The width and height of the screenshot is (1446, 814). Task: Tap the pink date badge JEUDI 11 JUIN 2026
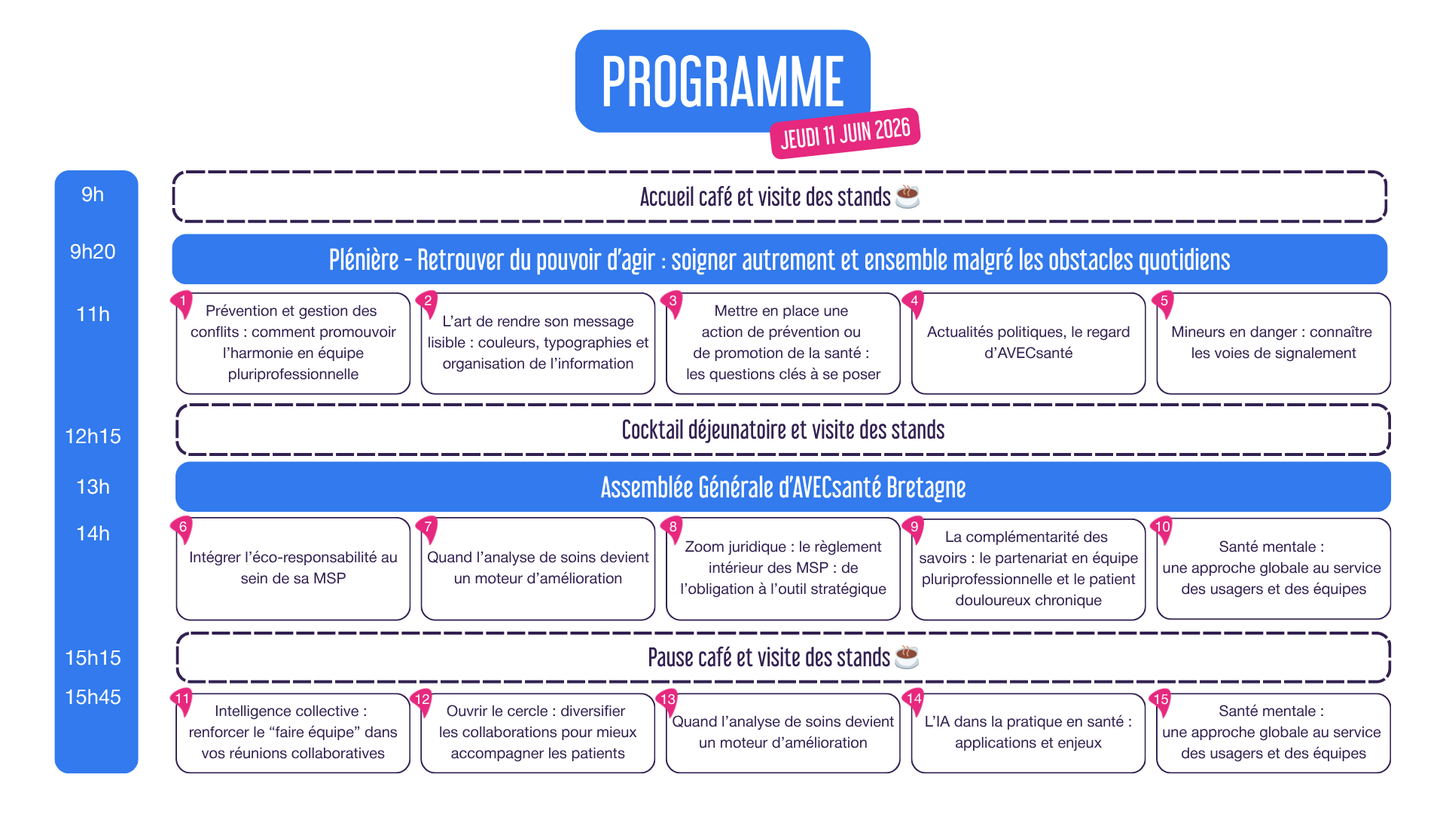(x=845, y=133)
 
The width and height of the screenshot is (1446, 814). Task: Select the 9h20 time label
(x=93, y=252)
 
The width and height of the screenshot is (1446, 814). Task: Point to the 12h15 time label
(x=93, y=436)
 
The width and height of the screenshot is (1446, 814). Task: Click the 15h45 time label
(x=93, y=697)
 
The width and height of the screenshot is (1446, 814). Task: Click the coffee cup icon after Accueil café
(x=908, y=196)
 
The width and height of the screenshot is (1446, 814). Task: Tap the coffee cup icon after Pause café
(x=907, y=657)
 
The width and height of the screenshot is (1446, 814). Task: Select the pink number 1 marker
(x=182, y=304)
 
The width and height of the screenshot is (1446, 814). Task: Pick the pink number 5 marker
(x=1164, y=304)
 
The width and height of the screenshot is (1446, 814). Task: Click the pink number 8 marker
(x=673, y=529)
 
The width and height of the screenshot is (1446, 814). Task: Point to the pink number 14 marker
(x=914, y=701)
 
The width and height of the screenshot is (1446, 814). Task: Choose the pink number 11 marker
(x=182, y=701)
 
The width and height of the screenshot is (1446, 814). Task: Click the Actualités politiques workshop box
(x=1028, y=344)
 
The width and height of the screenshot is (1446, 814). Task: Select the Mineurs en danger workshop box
(x=1274, y=344)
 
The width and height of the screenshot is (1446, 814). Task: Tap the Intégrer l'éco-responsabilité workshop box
(x=293, y=569)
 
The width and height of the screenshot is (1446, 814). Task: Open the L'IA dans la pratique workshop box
(x=1028, y=733)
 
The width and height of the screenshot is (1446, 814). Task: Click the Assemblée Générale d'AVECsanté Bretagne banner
(x=783, y=487)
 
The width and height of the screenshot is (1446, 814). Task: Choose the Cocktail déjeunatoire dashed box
(x=783, y=430)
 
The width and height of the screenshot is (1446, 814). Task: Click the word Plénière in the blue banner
(x=364, y=260)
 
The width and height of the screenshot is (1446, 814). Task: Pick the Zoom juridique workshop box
(x=783, y=569)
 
